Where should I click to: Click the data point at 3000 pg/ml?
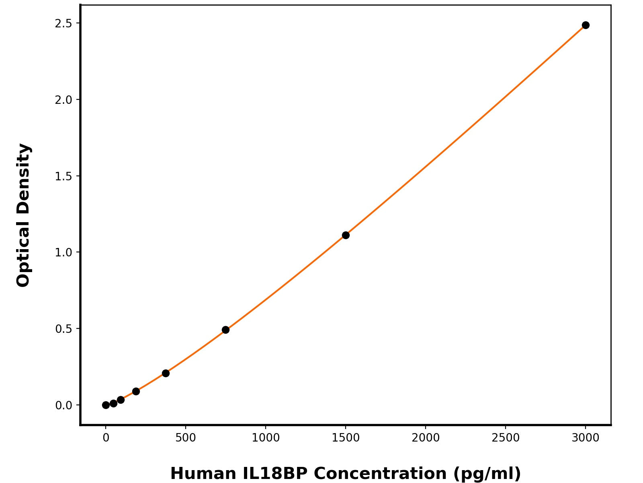pyautogui.click(x=586, y=25)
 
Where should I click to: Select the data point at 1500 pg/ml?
pyautogui.click(x=346, y=235)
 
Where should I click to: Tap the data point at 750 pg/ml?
pyautogui.click(x=225, y=330)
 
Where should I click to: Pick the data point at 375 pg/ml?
pyautogui.click(x=166, y=373)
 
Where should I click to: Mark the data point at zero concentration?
pyautogui.click(x=106, y=405)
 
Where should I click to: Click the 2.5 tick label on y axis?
pyautogui.click(x=63, y=23)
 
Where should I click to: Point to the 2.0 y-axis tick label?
pyautogui.click(x=63, y=100)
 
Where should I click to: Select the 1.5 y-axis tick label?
pyautogui.click(x=63, y=176)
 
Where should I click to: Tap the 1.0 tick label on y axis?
pyautogui.click(x=63, y=252)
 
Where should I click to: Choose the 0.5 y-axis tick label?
pyautogui.click(x=63, y=329)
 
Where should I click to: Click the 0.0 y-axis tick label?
pyautogui.click(x=63, y=405)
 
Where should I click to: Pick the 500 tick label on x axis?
pyautogui.click(x=186, y=438)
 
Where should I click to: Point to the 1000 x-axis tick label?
pyautogui.click(x=266, y=438)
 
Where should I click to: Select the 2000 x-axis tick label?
pyautogui.click(x=425, y=438)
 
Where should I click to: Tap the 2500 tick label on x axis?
pyautogui.click(x=505, y=438)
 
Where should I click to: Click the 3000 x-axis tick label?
pyautogui.click(x=586, y=438)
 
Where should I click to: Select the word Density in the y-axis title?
pyautogui.click(x=24, y=180)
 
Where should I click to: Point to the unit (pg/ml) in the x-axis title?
pyautogui.click(x=487, y=473)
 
